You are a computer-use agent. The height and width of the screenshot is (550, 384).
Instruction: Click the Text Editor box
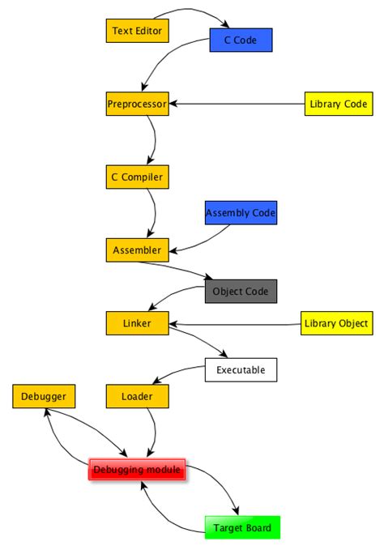point(137,32)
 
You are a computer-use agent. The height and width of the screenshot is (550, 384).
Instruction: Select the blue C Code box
point(240,40)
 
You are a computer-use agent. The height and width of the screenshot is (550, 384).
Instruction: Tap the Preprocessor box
point(137,104)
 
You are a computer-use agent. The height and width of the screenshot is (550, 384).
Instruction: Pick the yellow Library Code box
point(338,104)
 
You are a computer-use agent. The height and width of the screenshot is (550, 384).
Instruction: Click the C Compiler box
point(137,177)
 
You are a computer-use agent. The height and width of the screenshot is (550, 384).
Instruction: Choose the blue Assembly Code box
point(241,214)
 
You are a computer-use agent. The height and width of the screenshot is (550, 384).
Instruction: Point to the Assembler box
point(137,250)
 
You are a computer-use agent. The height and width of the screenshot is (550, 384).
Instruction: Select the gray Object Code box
point(241,291)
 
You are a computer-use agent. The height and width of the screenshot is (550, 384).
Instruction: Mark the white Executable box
point(241,370)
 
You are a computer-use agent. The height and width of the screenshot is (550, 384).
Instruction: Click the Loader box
point(137,396)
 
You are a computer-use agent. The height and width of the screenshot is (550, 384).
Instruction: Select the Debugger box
point(45,396)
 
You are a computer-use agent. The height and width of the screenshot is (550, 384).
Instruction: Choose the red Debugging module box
point(137,469)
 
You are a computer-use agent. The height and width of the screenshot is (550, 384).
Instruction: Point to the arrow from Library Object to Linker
point(235,325)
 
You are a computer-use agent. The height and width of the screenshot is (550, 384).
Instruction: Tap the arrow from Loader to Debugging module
point(152,429)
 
